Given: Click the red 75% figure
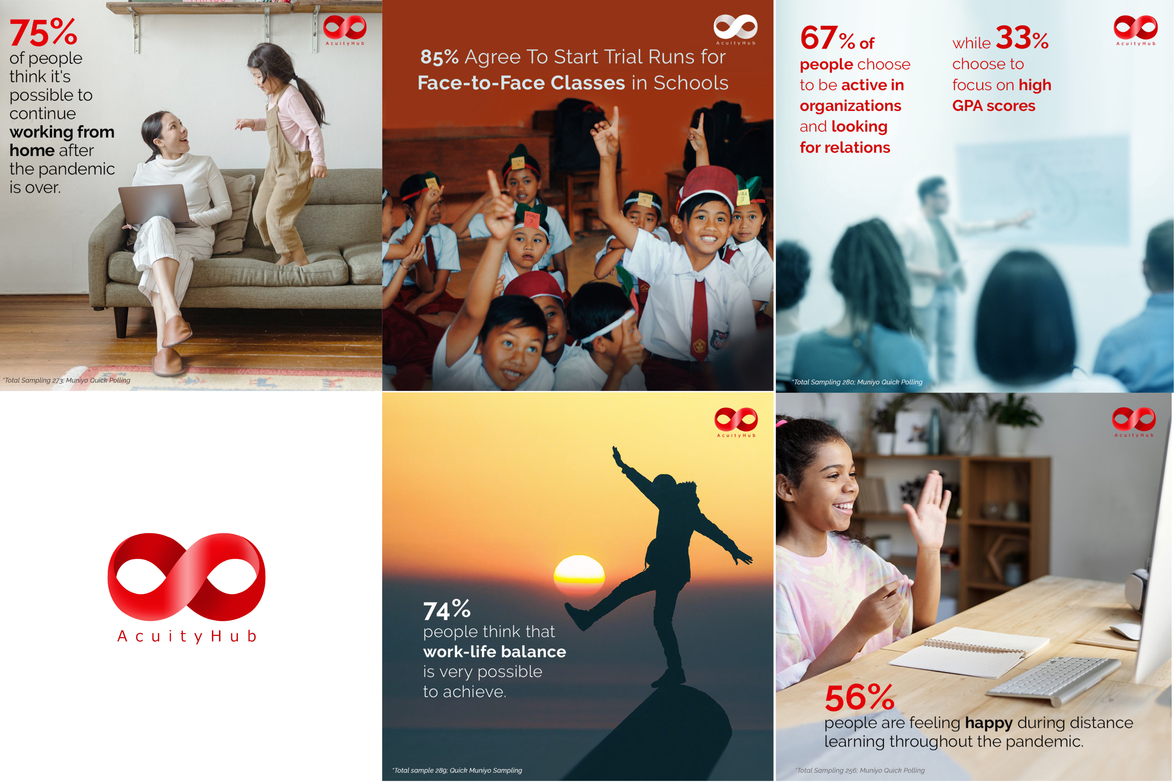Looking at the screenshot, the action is coord(44,33).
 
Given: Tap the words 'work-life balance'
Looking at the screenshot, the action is coord(494,652).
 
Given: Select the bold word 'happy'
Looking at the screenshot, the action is coord(989,723).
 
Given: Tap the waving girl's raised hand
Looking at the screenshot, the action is coord(928,509).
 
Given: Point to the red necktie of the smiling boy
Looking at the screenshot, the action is coord(699,319).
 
